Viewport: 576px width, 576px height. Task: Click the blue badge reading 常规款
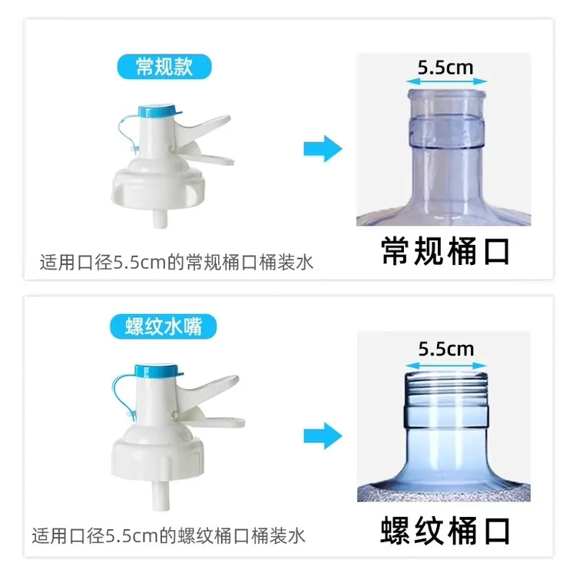164,66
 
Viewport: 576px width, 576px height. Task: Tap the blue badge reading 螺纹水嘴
164,326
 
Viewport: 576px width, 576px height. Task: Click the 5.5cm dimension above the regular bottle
445,67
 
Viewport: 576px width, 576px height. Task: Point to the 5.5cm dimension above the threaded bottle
445,349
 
